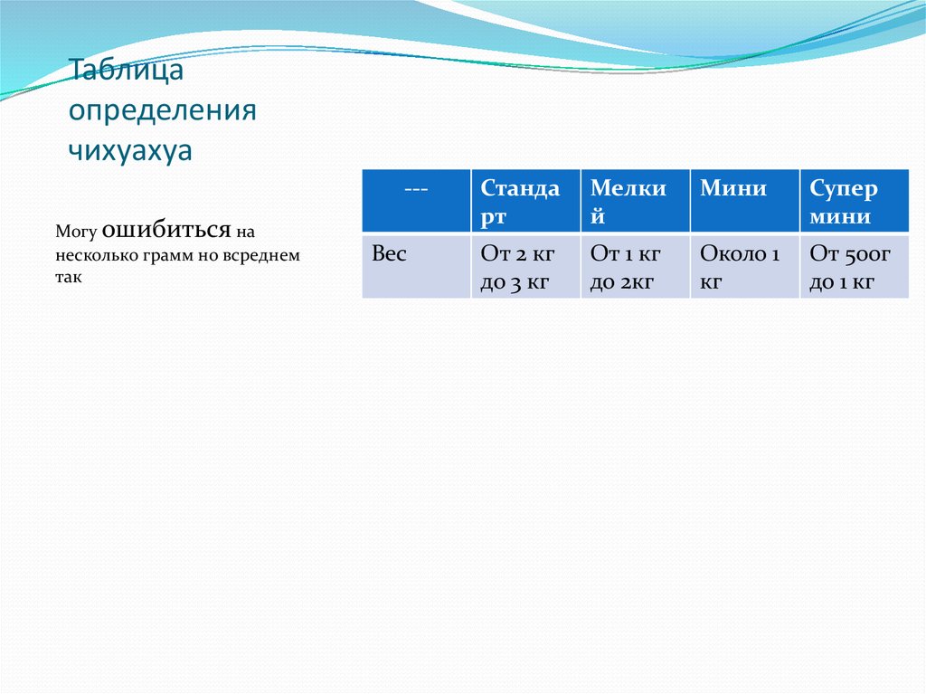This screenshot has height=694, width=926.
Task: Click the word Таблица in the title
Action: pyautogui.click(x=115, y=71)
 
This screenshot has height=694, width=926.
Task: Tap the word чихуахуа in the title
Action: pyautogui.click(x=131, y=150)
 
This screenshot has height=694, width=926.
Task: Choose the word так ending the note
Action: pyautogui.click(x=68, y=278)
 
